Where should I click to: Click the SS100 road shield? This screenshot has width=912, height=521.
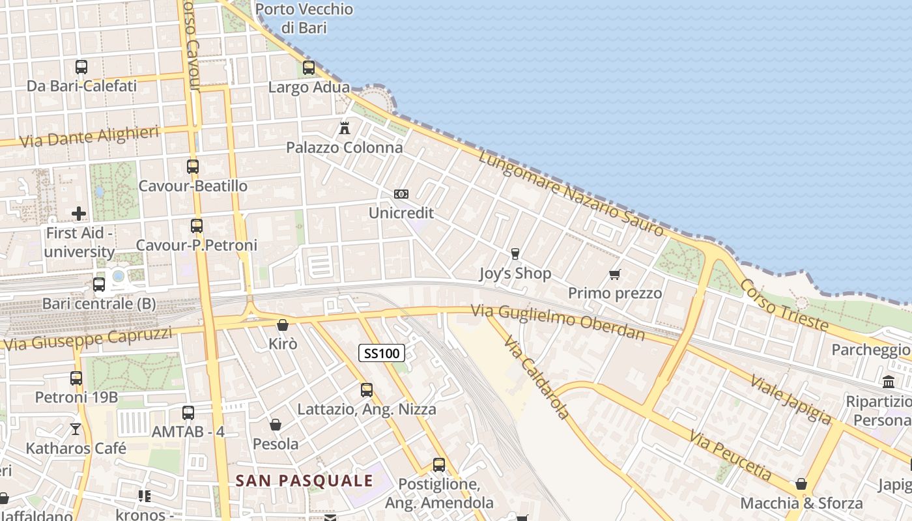(x=382, y=354)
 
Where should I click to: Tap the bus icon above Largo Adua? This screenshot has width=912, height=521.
(x=309, y=67)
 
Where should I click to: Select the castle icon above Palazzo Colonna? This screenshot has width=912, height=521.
(x=345, y=128)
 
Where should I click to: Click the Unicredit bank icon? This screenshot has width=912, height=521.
(x=401, y=194)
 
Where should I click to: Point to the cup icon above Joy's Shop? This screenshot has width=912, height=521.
(x=515, y=253)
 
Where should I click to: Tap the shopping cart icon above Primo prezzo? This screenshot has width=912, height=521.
(x=614, y=274)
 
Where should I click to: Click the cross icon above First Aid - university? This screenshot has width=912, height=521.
(x=79, y=213)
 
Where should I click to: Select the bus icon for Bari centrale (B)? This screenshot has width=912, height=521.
(x=99, y=284)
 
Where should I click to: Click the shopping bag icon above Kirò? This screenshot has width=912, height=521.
(x=283, y=324)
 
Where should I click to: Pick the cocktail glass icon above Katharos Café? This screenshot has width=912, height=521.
(x=76, y=429)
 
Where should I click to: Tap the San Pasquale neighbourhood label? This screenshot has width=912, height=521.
(x=304, y=481)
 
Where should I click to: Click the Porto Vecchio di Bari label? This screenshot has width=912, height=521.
(x=304, y=18)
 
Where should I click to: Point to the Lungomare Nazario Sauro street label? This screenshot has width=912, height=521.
(x=571, y=194)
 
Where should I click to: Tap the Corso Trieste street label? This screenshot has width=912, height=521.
(x=784, y=305)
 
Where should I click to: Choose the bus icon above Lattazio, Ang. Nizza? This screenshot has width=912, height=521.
(x=367, y=390)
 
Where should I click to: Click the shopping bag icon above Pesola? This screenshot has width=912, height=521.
(x=276, y=425)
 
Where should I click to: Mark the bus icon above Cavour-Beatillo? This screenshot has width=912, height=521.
(x=193, y=166)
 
